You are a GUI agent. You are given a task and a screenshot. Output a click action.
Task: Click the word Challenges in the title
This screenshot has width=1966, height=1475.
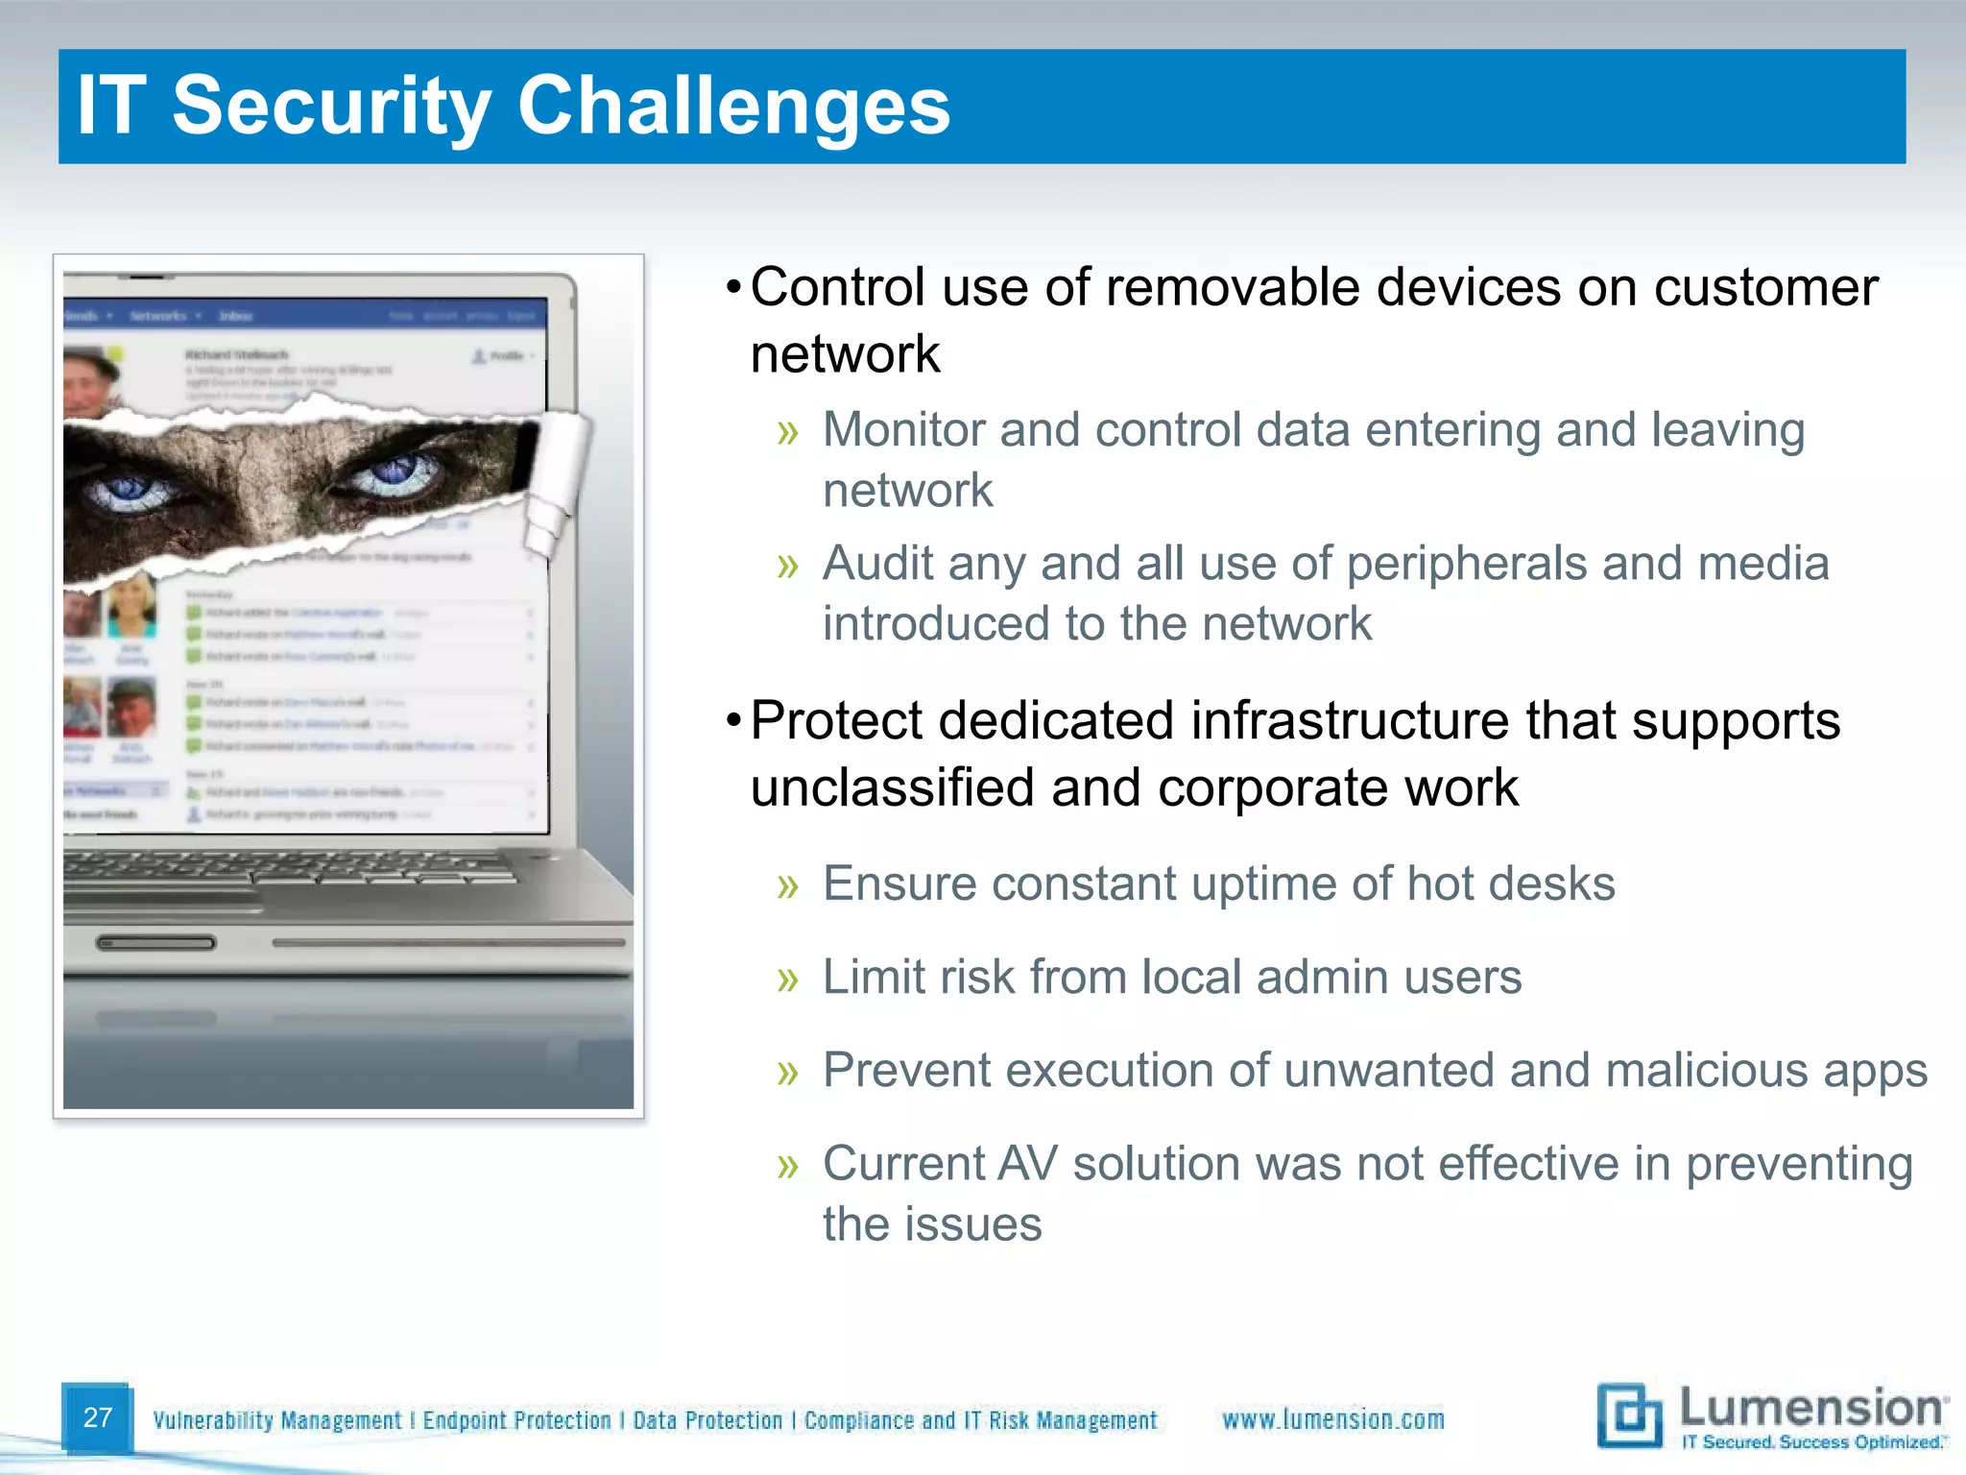click(734, 106)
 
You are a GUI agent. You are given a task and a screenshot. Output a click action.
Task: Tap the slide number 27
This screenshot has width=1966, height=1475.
click(98, 1417)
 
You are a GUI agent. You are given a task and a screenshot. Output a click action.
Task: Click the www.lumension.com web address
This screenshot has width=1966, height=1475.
click(1332, 1419)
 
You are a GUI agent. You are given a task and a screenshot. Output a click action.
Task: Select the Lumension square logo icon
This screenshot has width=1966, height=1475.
click(1629, 1415)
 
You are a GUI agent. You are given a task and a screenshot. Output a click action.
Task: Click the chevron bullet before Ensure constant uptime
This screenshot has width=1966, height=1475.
click(788, 885)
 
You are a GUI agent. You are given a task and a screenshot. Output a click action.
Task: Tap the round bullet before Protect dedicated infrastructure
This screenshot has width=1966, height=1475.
click(733, 720)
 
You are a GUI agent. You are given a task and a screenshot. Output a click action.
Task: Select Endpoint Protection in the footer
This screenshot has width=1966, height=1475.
click(516, 1420)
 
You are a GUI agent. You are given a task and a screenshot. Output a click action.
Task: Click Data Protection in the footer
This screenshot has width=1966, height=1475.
click(707, 1420)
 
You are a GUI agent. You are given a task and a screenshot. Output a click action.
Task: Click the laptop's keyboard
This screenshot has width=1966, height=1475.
click(288, 869)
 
